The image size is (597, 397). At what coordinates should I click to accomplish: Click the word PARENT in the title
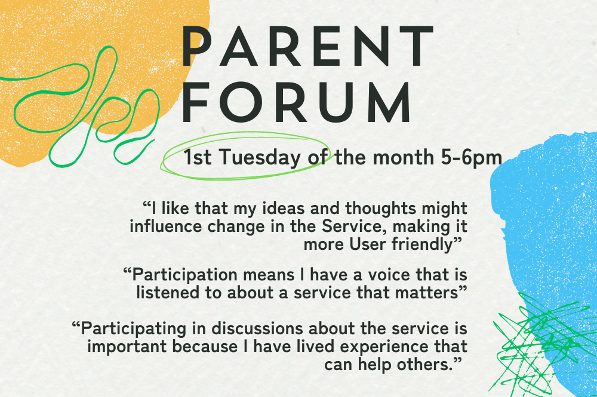307,46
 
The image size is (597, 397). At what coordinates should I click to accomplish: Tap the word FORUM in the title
297,103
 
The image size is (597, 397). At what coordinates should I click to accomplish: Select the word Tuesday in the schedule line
259,157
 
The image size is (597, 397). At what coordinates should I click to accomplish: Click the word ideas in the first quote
284,209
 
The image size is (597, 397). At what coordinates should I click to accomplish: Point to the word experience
384,347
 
